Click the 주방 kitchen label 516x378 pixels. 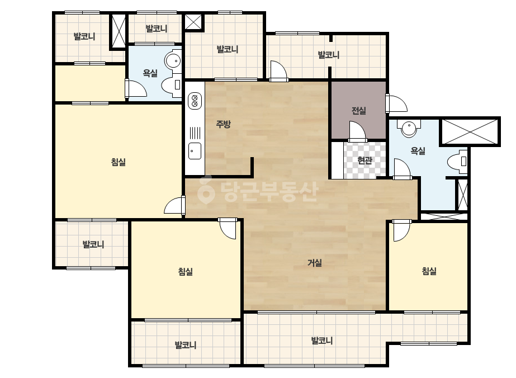tap(223, 124)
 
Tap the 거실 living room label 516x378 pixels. tap(315, 263)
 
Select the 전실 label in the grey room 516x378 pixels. tap(359, 111)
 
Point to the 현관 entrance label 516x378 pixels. tap(364, 160)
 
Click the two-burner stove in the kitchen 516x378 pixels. tap(195, 101)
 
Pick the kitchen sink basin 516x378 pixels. tap(195, 151)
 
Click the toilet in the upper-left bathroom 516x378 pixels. tap(172, 84)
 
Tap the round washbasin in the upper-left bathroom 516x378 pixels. tap(173, 60)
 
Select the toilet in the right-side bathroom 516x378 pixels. tap(457, 162)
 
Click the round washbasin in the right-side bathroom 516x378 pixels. tap(409, 128)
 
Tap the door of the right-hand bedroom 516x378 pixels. tap(401, 230)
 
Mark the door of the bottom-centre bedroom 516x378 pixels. tap(227, 228)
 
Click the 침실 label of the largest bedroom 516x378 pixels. tap(119, 162)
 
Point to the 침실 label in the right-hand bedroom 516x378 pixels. tap(429, 271)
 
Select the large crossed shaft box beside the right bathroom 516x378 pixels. tap(470, 132)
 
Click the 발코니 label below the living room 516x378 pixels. tap(322, 341)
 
